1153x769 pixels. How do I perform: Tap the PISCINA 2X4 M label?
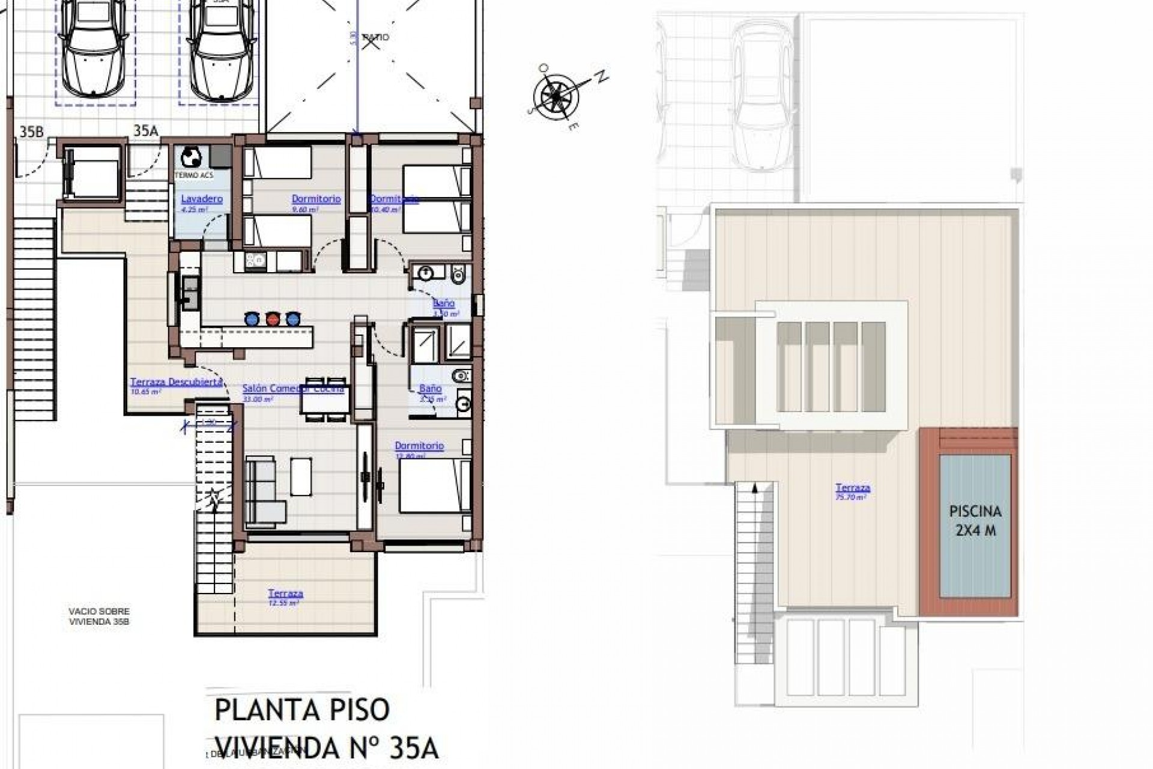(x=975, y=520)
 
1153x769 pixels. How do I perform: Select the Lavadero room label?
(x=202, y=199)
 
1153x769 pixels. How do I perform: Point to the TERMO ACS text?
(x=193, y=175)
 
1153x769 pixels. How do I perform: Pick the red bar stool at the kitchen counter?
(x=272, y=318)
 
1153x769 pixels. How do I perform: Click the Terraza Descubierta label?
(x=177, y=382)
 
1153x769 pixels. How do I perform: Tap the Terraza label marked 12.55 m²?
(x=285, y=594)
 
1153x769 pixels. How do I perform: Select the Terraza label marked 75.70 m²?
(x=852, y=488)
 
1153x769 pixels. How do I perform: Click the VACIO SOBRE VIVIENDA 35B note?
(x=99, y=616)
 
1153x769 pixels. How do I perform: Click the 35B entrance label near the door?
(x=31, y=132)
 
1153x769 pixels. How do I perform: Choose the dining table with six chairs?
(x=324, y=399)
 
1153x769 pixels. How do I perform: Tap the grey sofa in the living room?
(x=265, y=489)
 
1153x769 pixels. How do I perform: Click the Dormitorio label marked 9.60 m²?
(x=316, y=199)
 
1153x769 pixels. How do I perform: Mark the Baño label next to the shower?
(x=430, y=389)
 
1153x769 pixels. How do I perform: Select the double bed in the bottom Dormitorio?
(x=434, y=485)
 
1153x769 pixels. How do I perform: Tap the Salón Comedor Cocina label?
(x=293, y=388)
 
